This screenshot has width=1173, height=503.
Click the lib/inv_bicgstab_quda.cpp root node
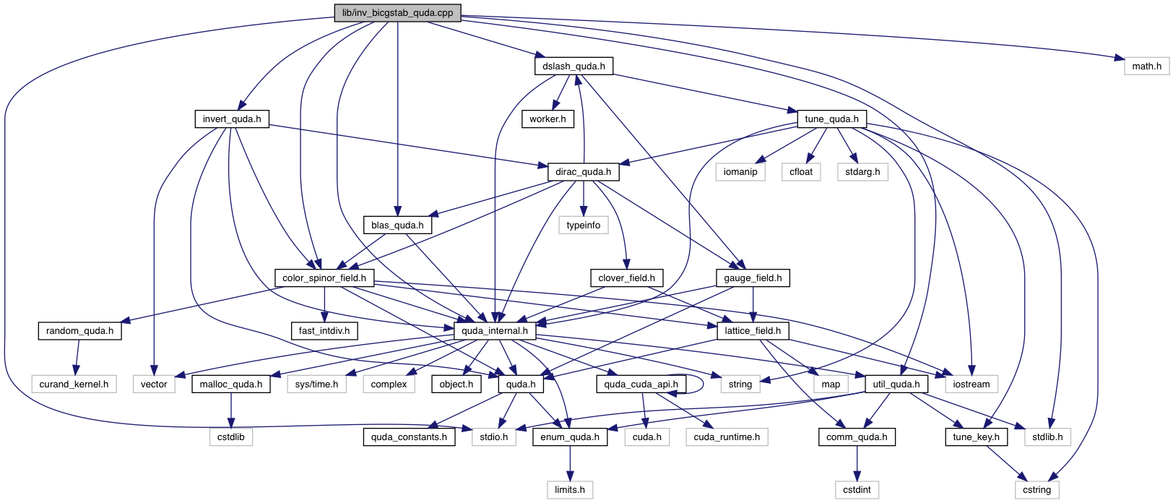pos(397,13)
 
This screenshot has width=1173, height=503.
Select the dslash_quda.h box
pos(574,66)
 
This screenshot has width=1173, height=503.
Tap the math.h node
pos(1146,66)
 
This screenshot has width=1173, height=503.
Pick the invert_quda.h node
pos(232,119)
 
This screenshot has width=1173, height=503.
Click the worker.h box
pos(547,119)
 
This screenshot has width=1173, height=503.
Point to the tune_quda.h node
pos(831,119)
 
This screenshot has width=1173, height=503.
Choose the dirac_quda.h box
pos(583,172)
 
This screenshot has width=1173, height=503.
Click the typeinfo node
pos(583,225)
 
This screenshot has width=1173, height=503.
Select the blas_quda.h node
pos(397,225)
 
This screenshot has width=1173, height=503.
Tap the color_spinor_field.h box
pos(324,278)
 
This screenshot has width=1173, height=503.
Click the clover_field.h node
pos(626,278)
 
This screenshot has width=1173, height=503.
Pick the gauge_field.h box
pos(753,278)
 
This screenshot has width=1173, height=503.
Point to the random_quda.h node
pos(79,331)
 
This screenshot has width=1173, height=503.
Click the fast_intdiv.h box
pos(324,331)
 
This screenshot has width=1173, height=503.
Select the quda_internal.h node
pos(495,331)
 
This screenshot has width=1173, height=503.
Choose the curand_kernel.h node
pos(74,384)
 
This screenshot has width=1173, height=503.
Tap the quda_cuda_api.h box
pos(641,384)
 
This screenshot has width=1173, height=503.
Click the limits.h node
pos(570,490)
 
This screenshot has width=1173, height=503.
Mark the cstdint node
pos(857,490)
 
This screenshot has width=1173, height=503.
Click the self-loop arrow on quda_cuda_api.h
pos(703,383)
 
